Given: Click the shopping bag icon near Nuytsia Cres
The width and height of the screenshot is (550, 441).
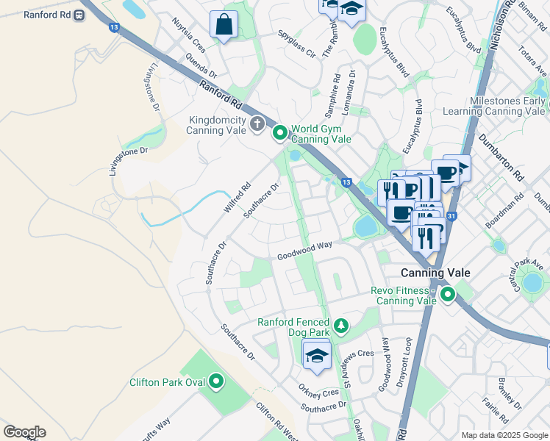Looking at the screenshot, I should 224,25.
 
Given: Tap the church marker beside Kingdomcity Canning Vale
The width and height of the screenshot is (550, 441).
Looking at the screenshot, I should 257,123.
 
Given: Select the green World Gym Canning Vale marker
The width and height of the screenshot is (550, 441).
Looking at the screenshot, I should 280,133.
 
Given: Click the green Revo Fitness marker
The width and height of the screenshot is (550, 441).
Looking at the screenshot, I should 447,295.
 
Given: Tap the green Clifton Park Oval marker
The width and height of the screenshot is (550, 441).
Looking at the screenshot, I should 215,381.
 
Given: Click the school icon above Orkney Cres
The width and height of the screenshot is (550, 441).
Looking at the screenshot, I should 317,355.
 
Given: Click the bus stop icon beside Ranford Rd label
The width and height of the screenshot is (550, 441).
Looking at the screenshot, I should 79,15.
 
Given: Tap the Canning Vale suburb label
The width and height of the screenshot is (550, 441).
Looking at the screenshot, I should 435,273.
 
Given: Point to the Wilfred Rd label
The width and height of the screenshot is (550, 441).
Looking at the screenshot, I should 237,198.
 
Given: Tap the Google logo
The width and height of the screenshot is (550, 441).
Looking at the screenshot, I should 24,432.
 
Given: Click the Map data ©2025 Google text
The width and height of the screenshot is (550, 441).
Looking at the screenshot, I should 504,435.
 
